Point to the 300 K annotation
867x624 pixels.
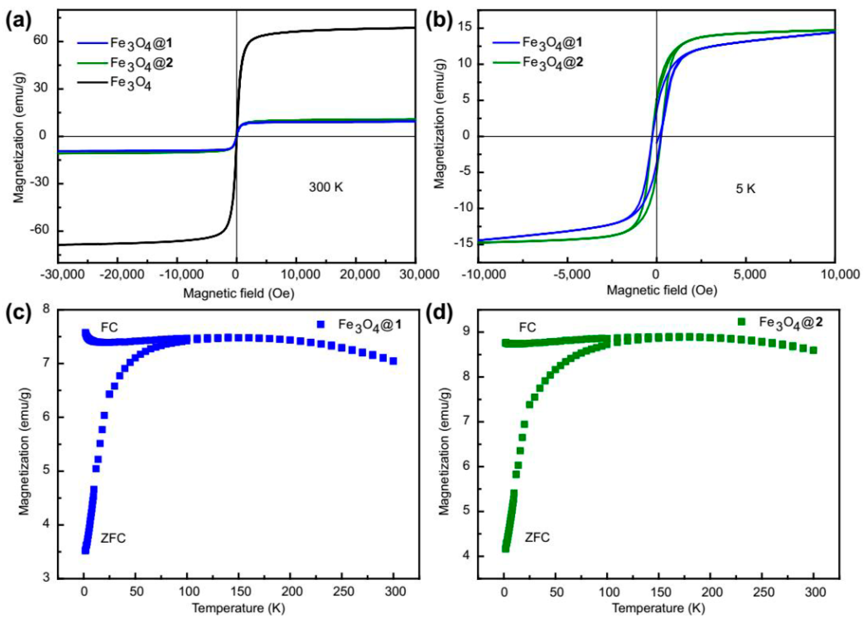coord(326,187)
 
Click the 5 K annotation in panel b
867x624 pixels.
coord(746,189)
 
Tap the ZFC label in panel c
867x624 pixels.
coord(113,538)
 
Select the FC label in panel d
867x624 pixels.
coord(527,328)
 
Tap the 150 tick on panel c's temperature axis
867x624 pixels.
coord(238,592)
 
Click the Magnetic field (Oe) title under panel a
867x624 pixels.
coord(239,293)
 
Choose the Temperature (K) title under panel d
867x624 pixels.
coord(658,608)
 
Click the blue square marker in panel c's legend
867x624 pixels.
coord(321,324)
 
